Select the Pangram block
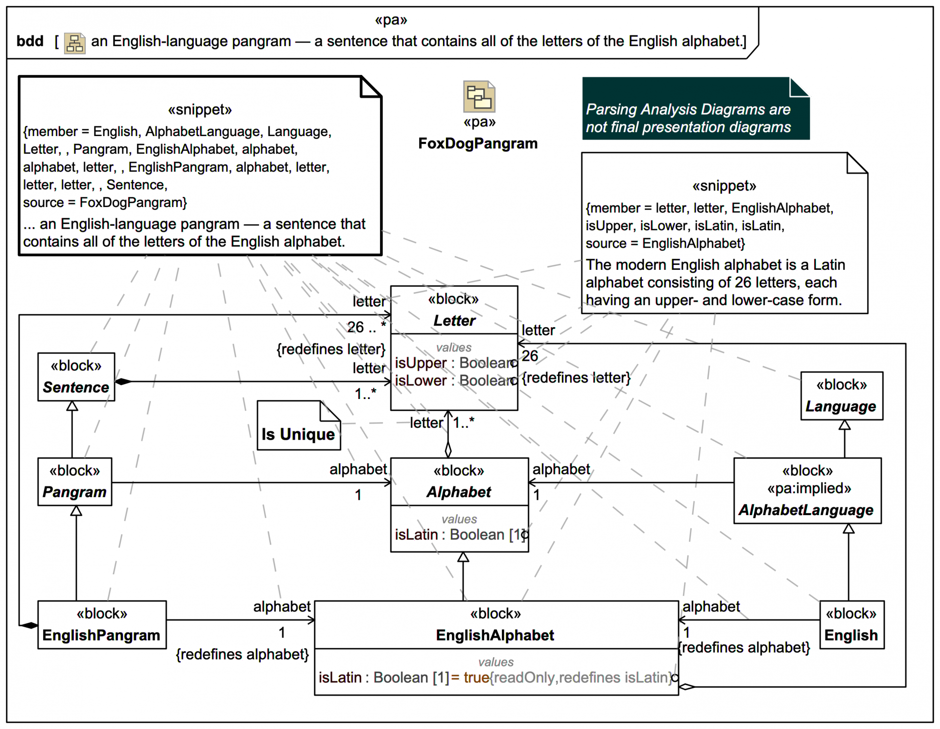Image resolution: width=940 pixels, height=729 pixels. pyautogui.click(x=74, y=481)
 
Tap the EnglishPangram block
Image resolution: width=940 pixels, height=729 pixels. pyautogui.click(x=101, y=625)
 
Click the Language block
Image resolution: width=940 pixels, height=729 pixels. pyautogui.click(x=841, y=396)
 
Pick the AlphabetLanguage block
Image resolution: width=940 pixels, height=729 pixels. pyautogui.click(x=807, y=491)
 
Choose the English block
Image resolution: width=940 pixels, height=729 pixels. pyautogui.click(x=851, y=625)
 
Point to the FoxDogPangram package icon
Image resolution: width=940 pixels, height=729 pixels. pyautogui.click(x=479, y=96)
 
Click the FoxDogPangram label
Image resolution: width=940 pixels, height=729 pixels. pyautogui.click(x=477, y=143)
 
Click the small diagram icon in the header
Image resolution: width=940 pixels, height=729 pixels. pyautogui.click(x=74, y=43)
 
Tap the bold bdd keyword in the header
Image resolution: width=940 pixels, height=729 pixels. pyautogui.click(x=30, y=41)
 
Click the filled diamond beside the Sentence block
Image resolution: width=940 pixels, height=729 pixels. pyautogui.click(x=123, y=381)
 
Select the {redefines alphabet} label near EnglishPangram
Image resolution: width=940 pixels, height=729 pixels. pyautogui.click(x=242, y=655)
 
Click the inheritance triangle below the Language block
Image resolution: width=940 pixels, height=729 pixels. pyautogui.click(x=844, y=425)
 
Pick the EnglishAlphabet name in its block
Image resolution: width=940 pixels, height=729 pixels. pyautogui.click(x=495, y=635)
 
